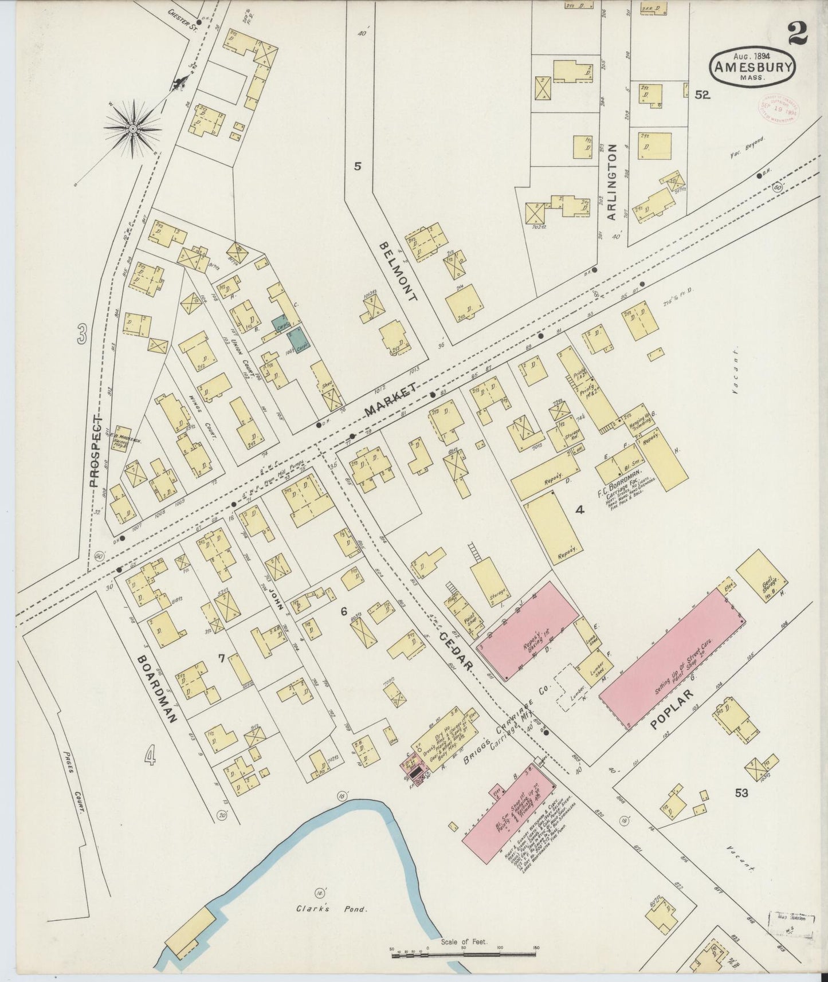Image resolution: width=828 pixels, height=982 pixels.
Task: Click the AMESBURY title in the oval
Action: [753, 68]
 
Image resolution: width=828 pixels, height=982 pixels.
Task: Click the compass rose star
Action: [133, 129]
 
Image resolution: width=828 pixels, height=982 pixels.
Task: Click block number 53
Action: [741, 793]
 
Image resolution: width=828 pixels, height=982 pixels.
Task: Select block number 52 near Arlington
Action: [703, 96]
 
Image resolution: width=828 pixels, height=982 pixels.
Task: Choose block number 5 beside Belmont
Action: [358, 167]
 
